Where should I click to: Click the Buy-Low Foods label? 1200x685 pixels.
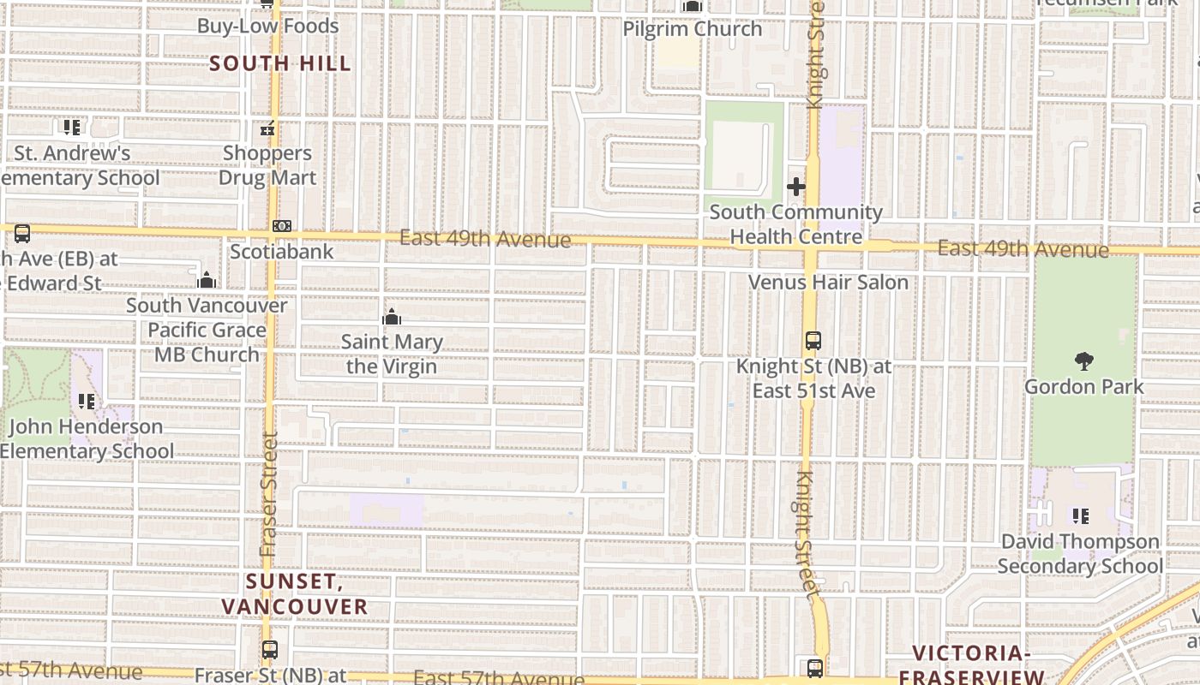(x=267, y=27)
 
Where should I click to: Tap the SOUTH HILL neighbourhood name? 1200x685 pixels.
(x=280, y=63)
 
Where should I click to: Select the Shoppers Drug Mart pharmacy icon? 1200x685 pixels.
(x=267, y=129)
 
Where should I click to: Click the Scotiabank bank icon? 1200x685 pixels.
(x=281, y=227)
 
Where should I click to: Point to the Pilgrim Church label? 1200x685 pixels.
(x=692, y=29)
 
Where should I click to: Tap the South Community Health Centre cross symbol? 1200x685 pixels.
(x=795, y=186)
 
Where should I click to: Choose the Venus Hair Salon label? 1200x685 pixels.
(x=828, y=282)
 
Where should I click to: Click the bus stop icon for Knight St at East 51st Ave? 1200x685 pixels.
(x=813, y=341)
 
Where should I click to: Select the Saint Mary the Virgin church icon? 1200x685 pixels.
(x=392, y=318)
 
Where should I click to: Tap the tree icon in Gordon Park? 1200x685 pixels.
(x=1083, y=361)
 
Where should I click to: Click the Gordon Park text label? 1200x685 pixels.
(x=1083, y=387)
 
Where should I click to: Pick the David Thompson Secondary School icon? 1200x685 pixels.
(x=1081, y=516)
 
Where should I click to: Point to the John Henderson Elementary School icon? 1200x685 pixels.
(x=86, y=401)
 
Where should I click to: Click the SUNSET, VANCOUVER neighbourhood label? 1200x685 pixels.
(x=294, y=594)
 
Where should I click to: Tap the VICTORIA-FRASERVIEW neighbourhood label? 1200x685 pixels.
(x=970, y=664)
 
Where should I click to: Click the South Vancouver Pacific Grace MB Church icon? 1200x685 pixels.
(x=206, y=281)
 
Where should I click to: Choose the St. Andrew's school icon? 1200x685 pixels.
(x=72, y=128)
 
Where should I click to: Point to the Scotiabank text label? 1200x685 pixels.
(x=281, y=252)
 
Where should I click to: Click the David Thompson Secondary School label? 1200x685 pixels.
(x=1080, y=554)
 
